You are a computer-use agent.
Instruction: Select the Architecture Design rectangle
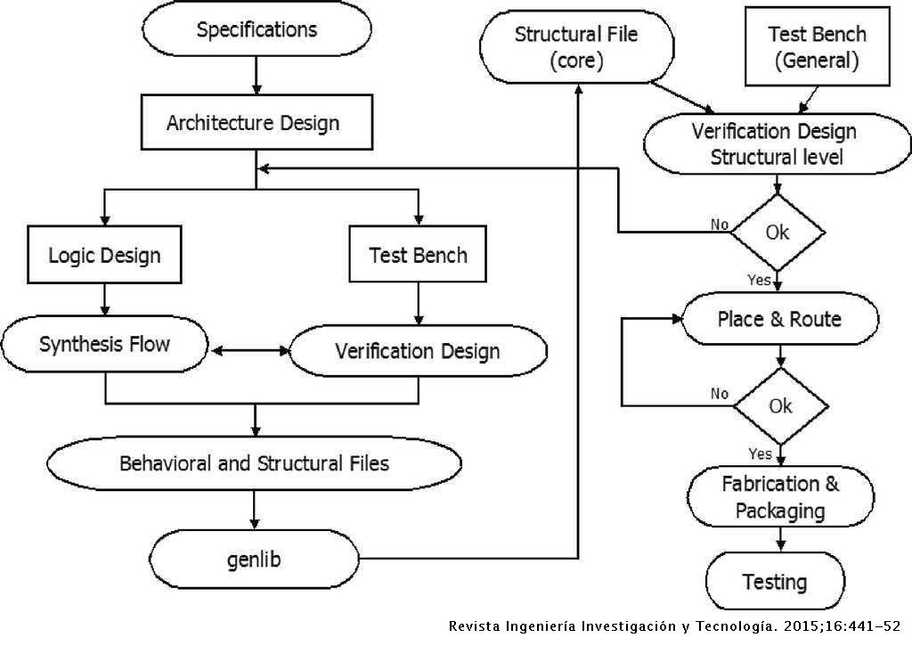[x=255, y=123]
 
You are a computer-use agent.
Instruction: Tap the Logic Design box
[x=104, y=255]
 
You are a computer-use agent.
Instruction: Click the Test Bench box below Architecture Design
[x=418, y=255]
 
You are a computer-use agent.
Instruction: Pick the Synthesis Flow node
[x=104, y=345]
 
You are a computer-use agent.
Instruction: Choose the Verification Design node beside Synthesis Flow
[x=418, y=350]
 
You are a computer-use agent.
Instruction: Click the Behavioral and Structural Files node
[x=254, y=464]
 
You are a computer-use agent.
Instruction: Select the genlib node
[x=254, y=560]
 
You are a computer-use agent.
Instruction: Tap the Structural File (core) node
[x=576, y=48]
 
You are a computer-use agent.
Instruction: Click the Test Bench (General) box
[x=816, y=48]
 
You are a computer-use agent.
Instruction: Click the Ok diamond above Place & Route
[x=778, y=232]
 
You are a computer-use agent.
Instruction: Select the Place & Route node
[x=779, y=319]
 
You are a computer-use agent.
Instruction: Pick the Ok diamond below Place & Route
[x=780, y=406]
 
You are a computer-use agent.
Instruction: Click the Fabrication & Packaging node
[x=780, y=497]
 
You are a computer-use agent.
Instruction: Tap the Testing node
[x=775, y=583]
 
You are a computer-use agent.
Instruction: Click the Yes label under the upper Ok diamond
[x=759, y=281]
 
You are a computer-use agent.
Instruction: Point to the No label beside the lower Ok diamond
[x=719, y=393]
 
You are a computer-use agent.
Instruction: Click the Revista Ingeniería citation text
[x=674, y=626]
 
